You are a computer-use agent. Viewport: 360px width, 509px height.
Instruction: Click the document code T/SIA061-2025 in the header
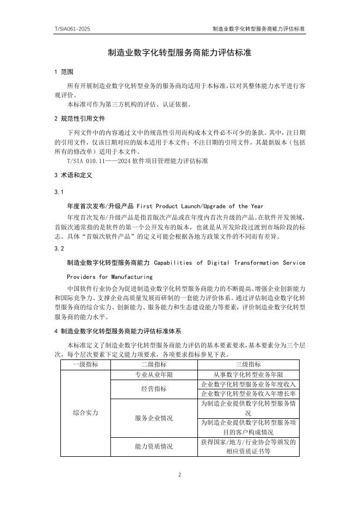coord(72,28)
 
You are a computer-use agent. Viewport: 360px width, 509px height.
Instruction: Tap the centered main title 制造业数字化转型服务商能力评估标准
coord(179,53)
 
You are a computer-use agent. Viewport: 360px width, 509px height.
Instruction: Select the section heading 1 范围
coord(64,72)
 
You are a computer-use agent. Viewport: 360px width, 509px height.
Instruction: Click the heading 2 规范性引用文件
coord(80,118)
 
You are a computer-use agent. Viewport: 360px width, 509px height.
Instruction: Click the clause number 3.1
coord(59,192)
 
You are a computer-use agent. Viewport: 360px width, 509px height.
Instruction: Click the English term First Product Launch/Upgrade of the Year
coord(200,206)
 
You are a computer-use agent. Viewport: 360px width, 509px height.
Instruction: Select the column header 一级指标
coord(85,364)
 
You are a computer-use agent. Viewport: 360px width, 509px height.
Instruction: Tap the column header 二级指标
coord(154,364)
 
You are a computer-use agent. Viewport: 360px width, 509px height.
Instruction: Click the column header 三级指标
coord(248,364)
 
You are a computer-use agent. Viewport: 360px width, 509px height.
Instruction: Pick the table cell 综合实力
coord(85,413)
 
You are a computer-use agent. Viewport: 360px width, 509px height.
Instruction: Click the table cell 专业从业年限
coord(154,375)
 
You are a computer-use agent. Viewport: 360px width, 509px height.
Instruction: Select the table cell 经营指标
coord(154,389)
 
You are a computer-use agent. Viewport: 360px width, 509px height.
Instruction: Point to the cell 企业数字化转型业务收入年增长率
coord(248,394)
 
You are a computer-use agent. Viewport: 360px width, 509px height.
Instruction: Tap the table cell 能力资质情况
coord(154,446)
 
